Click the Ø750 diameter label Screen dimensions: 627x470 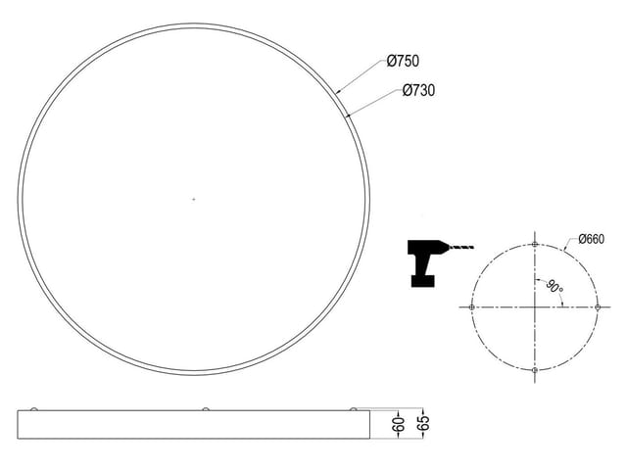point(403,61)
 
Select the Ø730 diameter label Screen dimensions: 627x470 point(418,90)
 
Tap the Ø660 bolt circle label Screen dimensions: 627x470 point(592,239)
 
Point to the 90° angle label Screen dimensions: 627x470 point(555,287)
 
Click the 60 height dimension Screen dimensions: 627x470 point(399,424)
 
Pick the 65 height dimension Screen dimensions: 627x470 point(423,423)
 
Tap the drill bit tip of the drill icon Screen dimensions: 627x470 point(473,248)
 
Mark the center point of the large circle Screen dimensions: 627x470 point(194,199)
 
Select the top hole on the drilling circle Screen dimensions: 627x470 point(535,245)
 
